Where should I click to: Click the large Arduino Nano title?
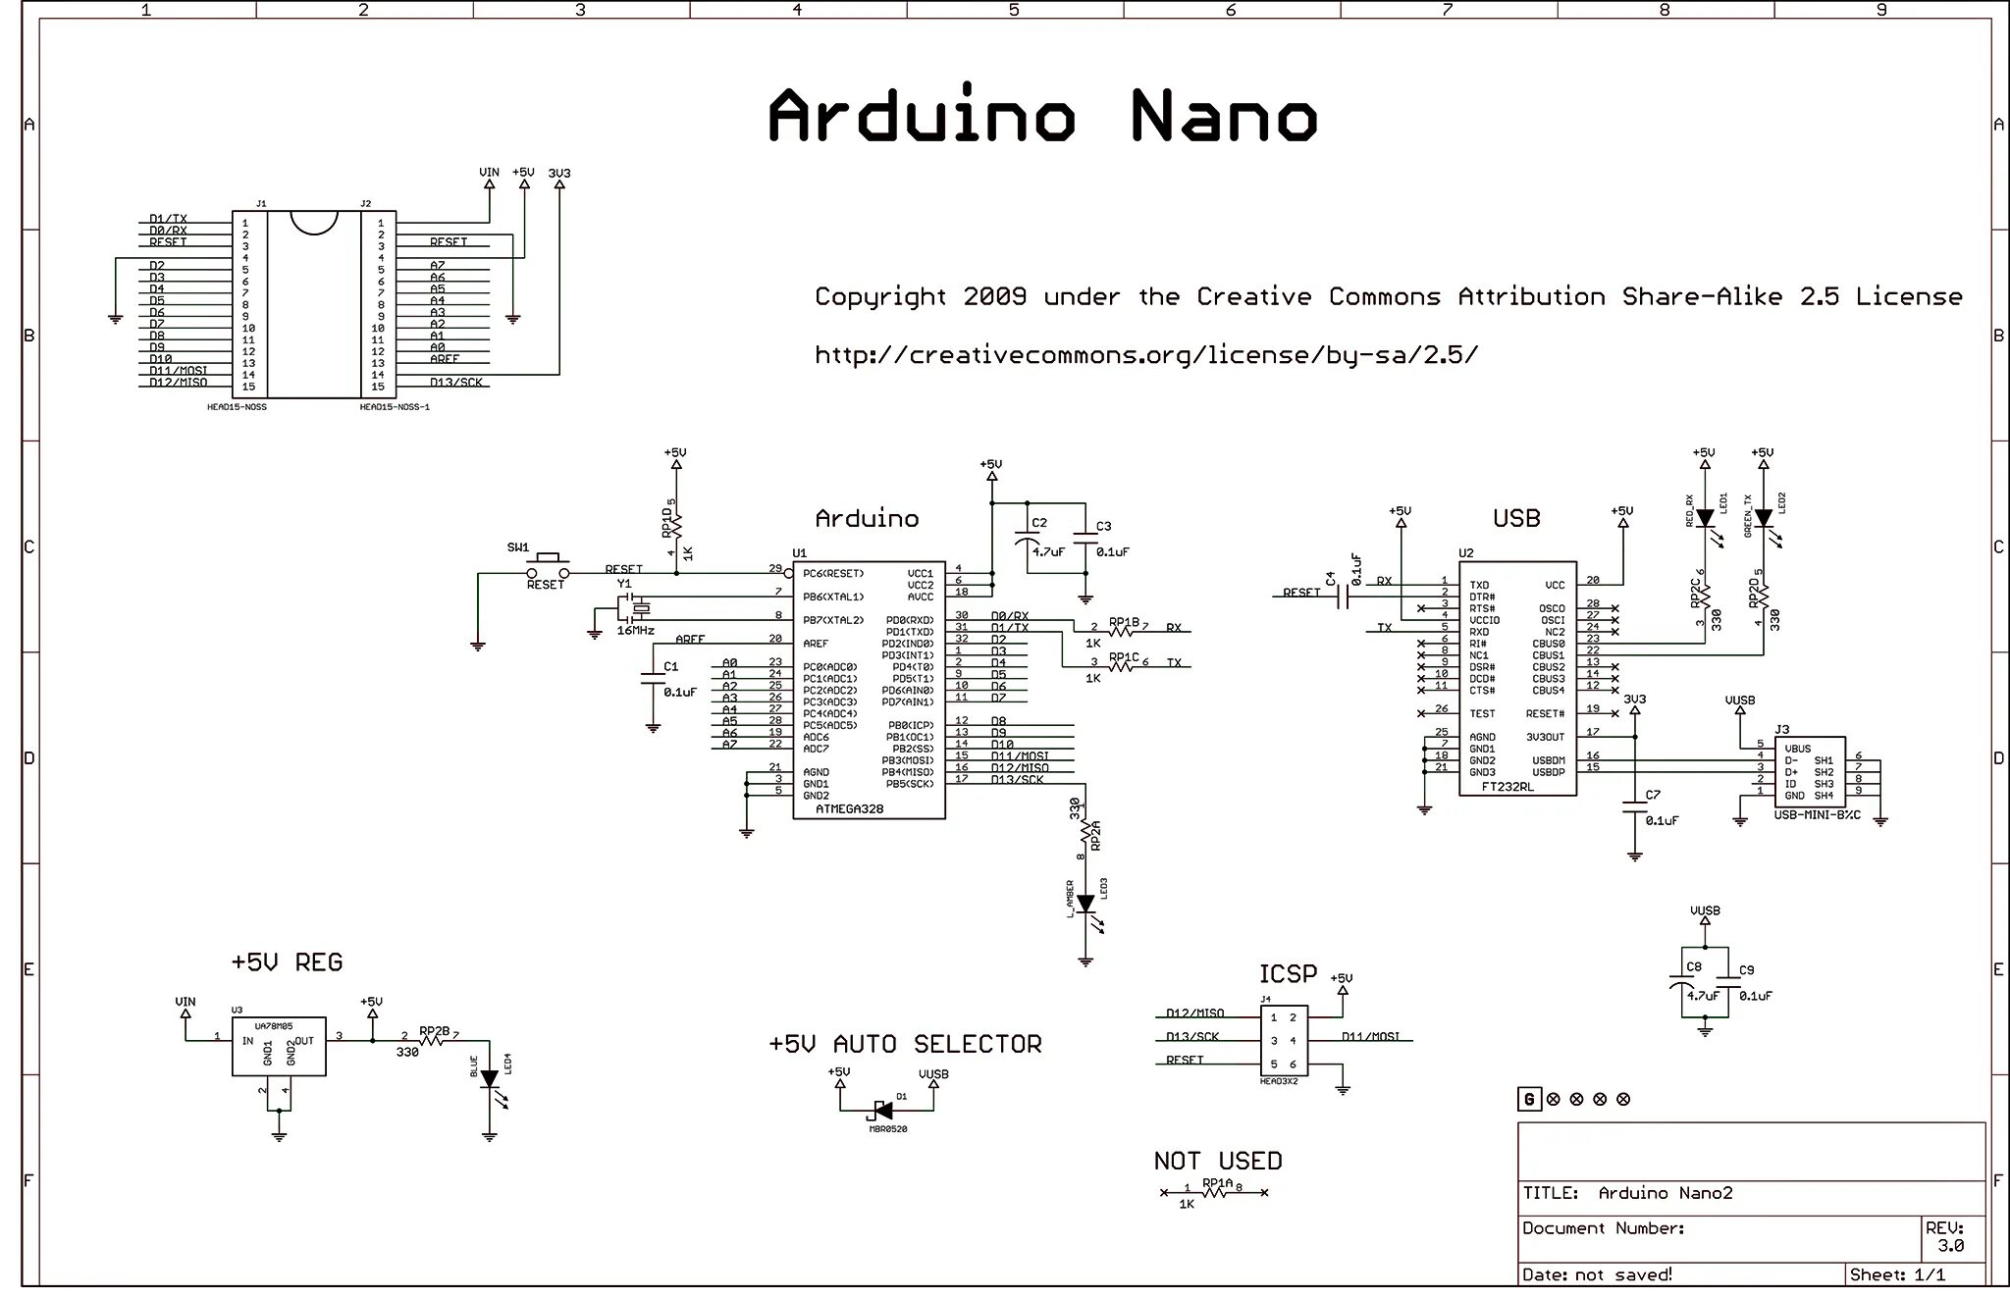pyautogui.click(x=1041, y=117)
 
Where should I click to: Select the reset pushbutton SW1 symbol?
pyautogui.click(x=548, y=568)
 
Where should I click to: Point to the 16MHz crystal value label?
pyautogui.click(x=636, y=630)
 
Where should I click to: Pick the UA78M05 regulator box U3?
pyautogui.click(x=279, y=1046)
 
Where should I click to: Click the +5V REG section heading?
pyautogui.click(x=287, y=962)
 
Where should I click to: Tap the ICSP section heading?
pyautogui.click(x=1288, y=973)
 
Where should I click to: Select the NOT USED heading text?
pyautogui.click(x=1218, y=1161)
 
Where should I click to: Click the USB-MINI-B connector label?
pyautogui.click(x=1817, y=815)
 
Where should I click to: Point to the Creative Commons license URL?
pyautogui.click(x=1146, y=354)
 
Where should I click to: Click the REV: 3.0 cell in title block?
pyautogui.click(x=1949, y=1237)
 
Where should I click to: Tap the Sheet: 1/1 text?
pyautogui.click(x=1897, y=1274)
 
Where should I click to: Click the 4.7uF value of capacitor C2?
pyautogui.click(x=1048, y=551)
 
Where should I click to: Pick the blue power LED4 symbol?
pyautogui.click(x=489, y=1079)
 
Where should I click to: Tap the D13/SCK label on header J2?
pyautogui.click(x=455, y=382)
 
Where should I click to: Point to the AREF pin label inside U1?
pyautogui.click(x=816, y=644)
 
